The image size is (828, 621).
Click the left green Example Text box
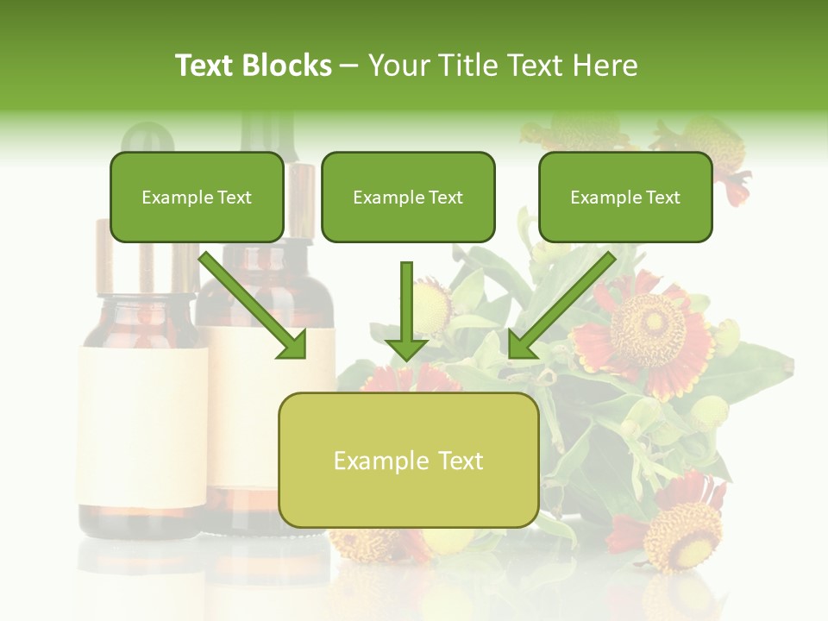coord(197,198)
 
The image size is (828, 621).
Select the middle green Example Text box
coord(408,198)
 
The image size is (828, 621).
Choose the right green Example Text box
coord(625,198)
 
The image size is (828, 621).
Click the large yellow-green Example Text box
coord(408,461)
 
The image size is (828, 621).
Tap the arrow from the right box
coord(561,306)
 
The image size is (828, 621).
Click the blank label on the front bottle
coord(142,427)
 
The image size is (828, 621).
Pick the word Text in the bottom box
coord(458,461)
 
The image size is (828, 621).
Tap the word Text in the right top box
coord(662,198)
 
